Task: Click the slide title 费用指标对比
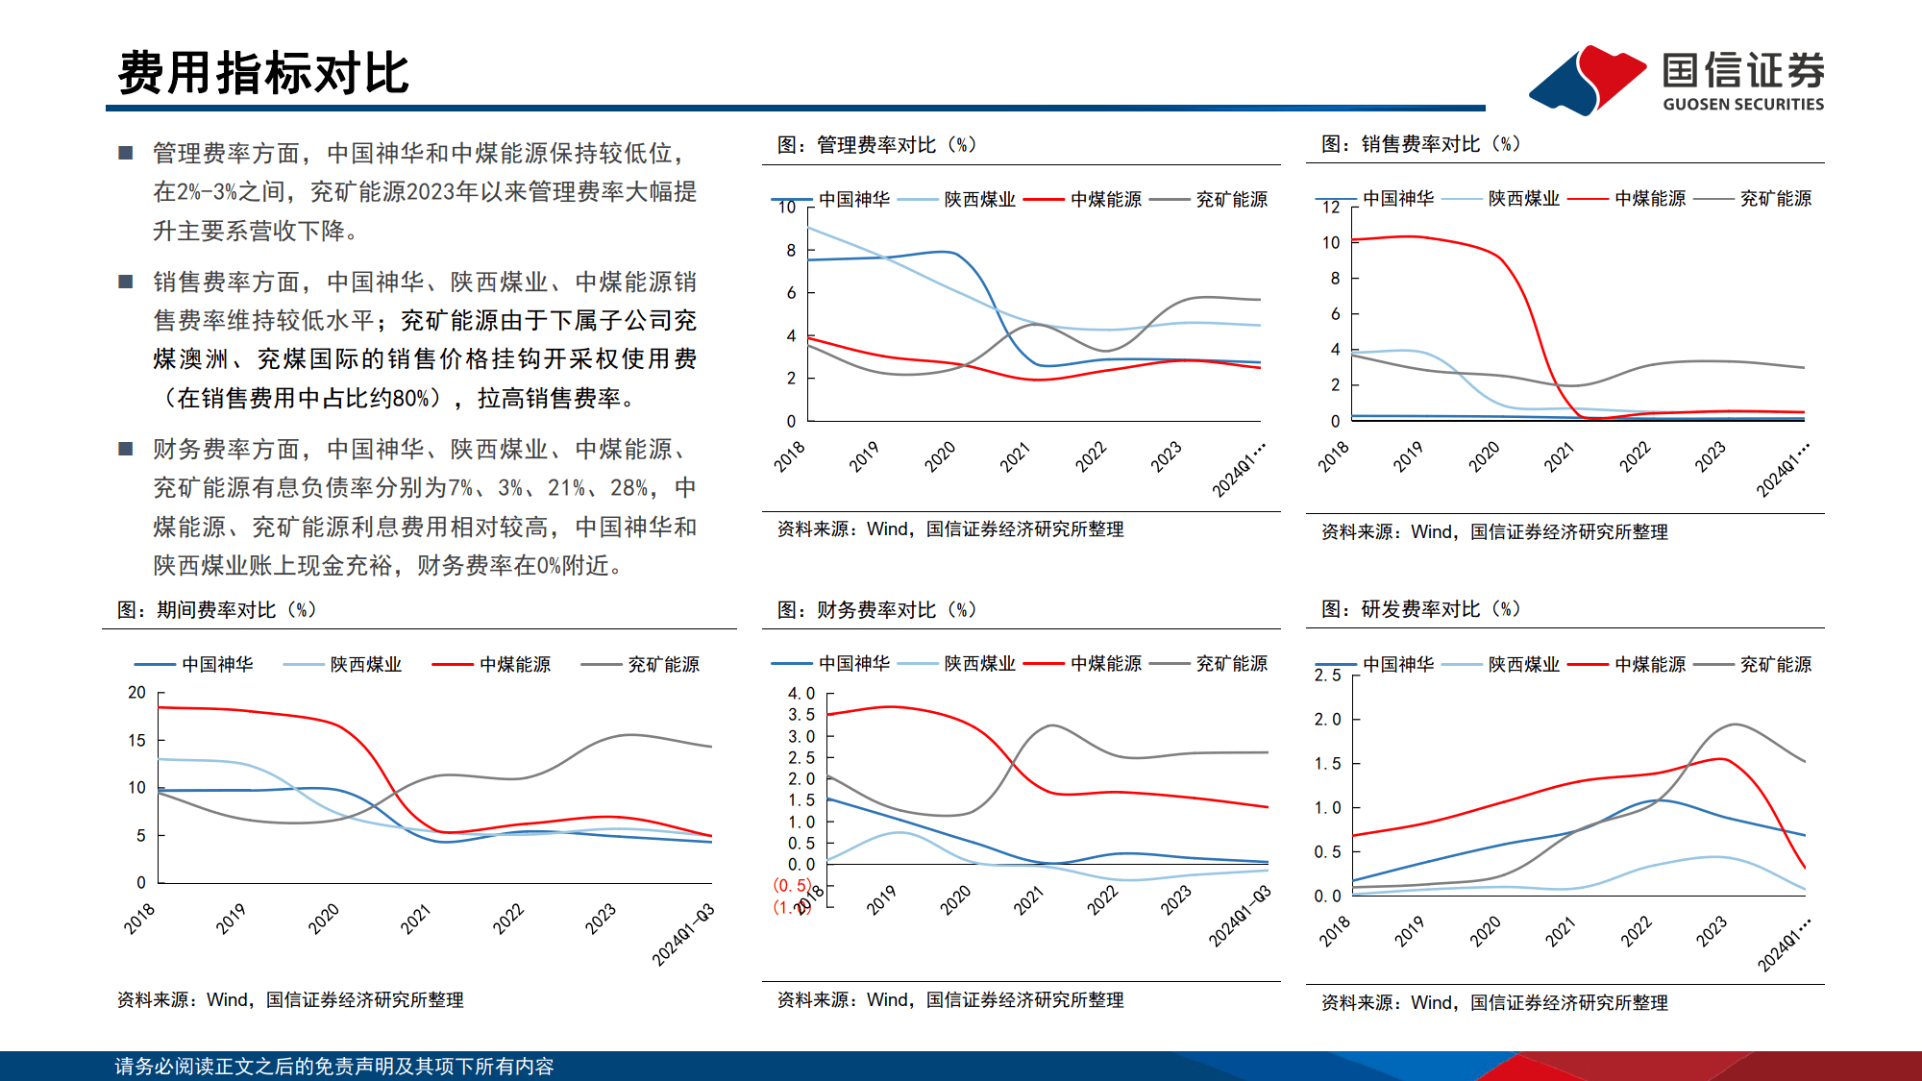pyautogui.click(x=263, y=73)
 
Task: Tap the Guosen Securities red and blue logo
pyautogui.click(x=1588, y=79)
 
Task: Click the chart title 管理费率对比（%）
pyautogui.click(x=876, y=145)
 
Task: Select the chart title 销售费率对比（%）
pyautogui.click(x=1420, y=144)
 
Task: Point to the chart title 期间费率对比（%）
pyautogui.click(x=216, y=610)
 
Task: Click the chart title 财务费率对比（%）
pyautogui.click(x=876, y=610)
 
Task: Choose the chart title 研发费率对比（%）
pyautogui.click(x=1420, y=609)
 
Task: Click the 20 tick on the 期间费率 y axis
pyautogui.click(x=137, y=693)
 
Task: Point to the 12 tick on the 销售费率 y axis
pyautogui.click(x=1331, y=208)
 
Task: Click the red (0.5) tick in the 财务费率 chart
pyautogui.click(x=792, y=885)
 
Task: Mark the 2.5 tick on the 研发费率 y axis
pyautogui.click(x=1327, y=676)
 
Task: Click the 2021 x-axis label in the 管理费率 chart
pyautogui.click(x=1015, y=457)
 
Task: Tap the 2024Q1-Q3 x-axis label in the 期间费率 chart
pyautogui.click(x=683, y=934)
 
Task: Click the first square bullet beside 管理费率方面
pyautogui.click(x=125, y=153)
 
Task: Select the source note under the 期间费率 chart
pyautogui.click(x=290, y=1000)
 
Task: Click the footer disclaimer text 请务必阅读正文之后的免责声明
pyautogui.click(x=333, y=1067)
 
